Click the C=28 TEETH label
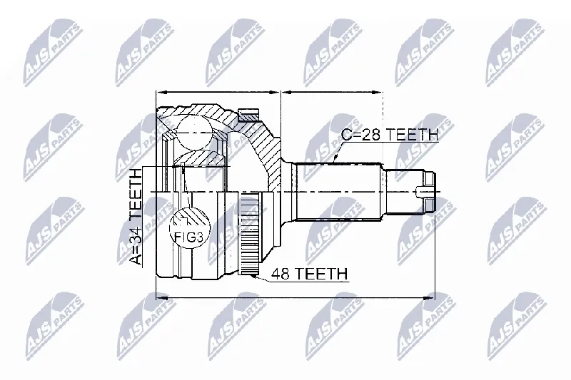point(389,135)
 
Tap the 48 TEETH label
point(310,274)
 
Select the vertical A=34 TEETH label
point(136,217)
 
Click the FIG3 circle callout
point(190,228)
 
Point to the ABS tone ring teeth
point(249,235)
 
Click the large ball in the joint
point(194,133)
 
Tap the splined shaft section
point(338,192)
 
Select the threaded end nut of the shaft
point(430,192)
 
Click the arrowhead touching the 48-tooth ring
point(254,277)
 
